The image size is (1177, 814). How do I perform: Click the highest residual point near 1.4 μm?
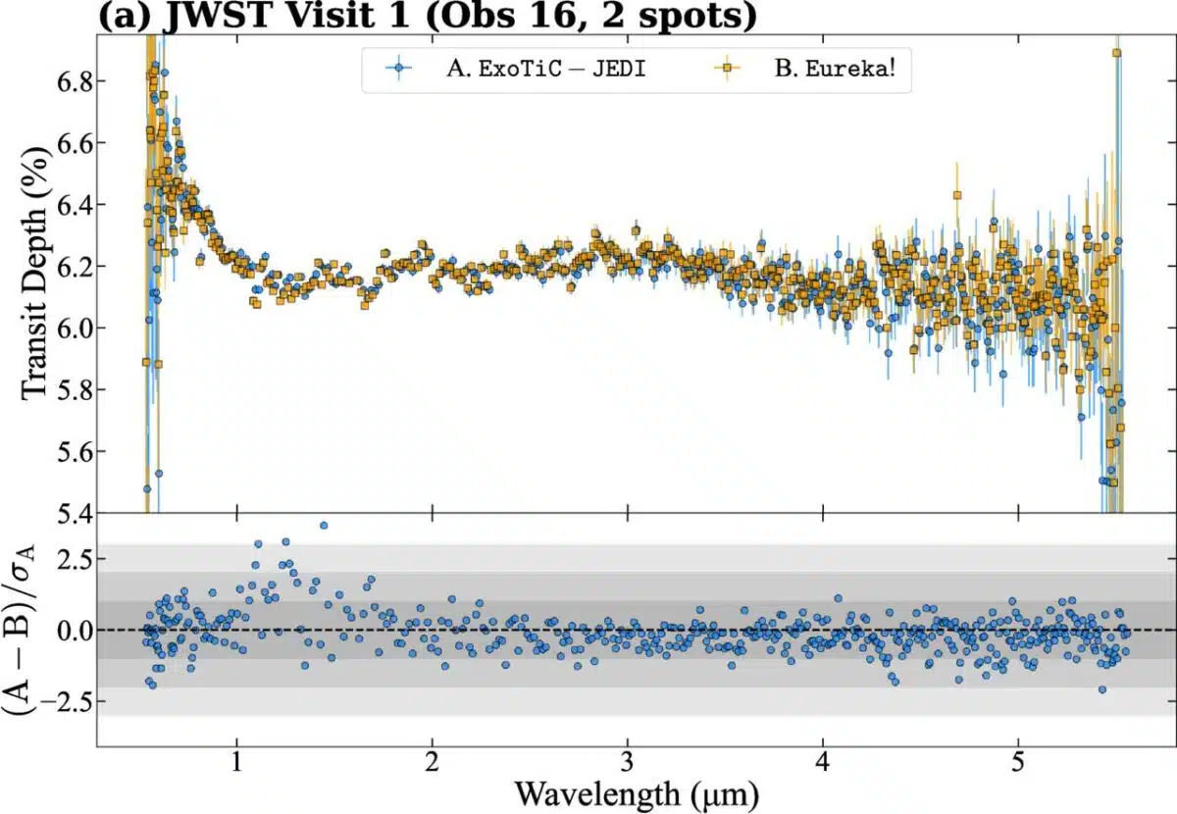click(324, 526)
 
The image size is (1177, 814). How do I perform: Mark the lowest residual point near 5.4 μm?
click(1102, 689)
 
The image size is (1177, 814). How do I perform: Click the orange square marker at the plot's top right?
click(1116, 53)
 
